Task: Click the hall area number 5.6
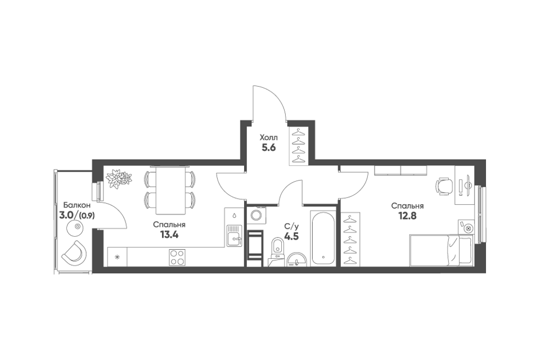(269, 148)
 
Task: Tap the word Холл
(269, 138)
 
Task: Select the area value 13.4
(169, 235)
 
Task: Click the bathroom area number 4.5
(291, 237)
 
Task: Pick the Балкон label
(74, 205)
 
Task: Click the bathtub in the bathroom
(323, 238)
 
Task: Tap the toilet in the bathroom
(277, 249)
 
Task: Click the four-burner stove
(177, 257)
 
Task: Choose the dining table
(170, 190)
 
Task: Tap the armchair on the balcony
(74, 252)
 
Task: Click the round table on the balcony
(77, 227)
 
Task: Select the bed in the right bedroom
(440, 250)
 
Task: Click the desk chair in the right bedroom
(444, 186)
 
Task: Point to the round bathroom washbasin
(296, 259)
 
